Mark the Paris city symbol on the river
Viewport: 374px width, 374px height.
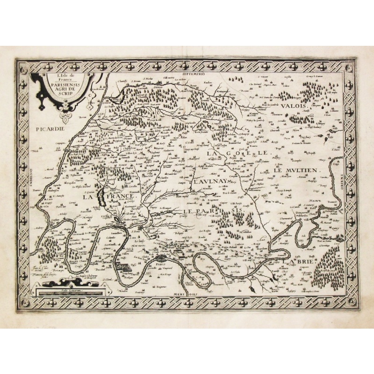[x=161, y=258]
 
